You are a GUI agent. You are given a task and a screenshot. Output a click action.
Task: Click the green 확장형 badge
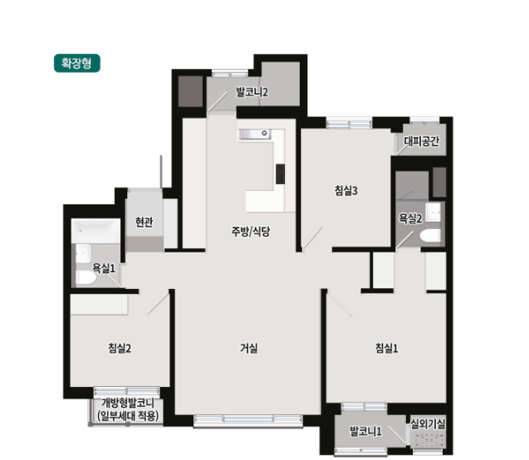77,63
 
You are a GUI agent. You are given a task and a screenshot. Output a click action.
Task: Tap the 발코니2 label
252,92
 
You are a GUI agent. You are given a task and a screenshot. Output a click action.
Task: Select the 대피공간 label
421,141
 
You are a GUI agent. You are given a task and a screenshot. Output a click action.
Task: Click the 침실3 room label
345,190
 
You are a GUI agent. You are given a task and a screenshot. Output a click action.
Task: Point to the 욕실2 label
410,218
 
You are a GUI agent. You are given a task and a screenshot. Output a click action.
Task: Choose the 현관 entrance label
144,222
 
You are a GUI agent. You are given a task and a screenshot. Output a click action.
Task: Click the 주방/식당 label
250,232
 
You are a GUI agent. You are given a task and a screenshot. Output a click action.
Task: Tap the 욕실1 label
104,268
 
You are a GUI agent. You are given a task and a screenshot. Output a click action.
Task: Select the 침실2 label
120,348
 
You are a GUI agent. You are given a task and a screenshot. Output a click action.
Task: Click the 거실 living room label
249,348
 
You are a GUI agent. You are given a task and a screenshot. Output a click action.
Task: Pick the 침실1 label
387,348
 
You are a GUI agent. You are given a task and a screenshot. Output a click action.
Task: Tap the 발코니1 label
365,431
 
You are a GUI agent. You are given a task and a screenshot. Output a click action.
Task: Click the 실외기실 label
428,424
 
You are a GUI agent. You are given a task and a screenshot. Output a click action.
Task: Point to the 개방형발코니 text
128,403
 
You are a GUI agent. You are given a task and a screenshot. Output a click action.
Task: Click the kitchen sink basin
254,135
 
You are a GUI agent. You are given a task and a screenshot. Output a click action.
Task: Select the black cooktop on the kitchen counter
280,174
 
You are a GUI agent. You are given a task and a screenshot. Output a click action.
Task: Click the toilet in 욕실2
430,235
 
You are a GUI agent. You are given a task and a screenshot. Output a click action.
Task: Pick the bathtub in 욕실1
96,231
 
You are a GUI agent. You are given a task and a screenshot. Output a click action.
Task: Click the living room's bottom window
248,420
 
